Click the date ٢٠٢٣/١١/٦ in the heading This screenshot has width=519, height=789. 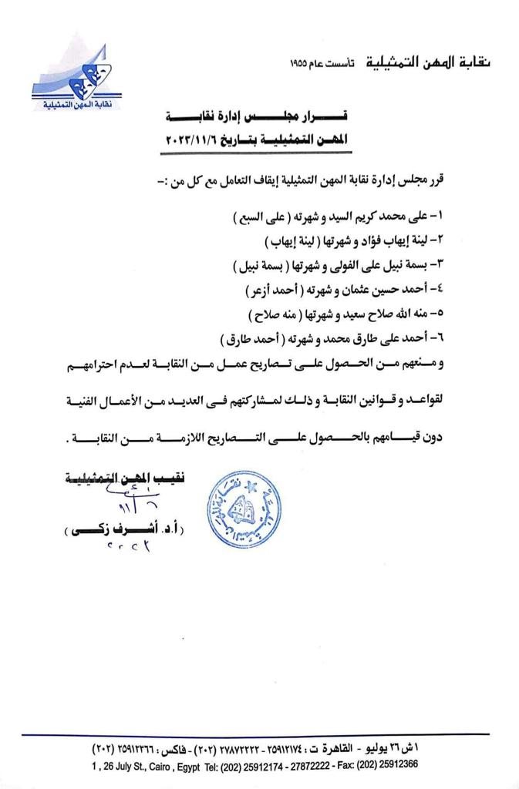click(x=192, y=140)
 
